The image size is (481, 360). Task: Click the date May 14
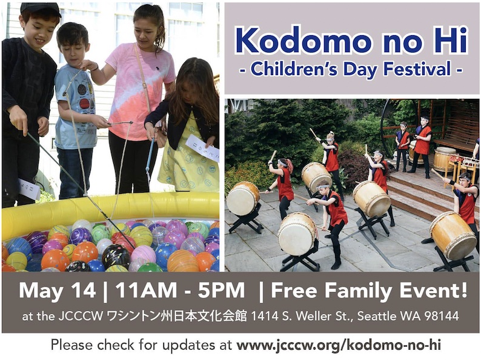(x=58, y=291)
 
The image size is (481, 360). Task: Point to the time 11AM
(x=146, y=290)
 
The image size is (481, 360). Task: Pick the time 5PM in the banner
(x=221, y=290)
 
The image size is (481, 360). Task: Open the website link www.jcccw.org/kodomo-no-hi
(x=339, y=345)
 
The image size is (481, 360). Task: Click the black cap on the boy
(x=41, y=9)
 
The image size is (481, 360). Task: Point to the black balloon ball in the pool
(x=116, y=255)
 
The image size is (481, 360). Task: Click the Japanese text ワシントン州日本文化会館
(x=176, y=316)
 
